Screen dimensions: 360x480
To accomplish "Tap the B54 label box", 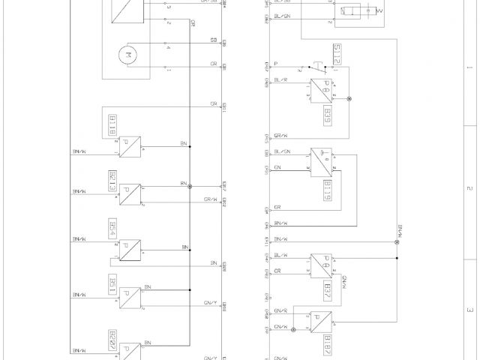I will coord(112,229).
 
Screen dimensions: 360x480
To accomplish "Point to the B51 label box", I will coord(112,284).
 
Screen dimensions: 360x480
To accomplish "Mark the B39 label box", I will coord(327,115).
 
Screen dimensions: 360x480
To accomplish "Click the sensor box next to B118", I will coord(130,146).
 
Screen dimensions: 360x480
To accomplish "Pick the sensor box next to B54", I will coord(130,250).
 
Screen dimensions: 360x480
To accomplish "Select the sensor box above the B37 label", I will coord(323,265).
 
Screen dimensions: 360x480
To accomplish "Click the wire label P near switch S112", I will coord(276,64).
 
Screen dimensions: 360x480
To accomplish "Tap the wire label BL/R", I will coord(282,79).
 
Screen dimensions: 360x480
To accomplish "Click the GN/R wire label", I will coord(281,310).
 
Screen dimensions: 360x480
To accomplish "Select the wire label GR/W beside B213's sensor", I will coord(211,199).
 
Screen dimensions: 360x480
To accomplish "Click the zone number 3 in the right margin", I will coord(469,309).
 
